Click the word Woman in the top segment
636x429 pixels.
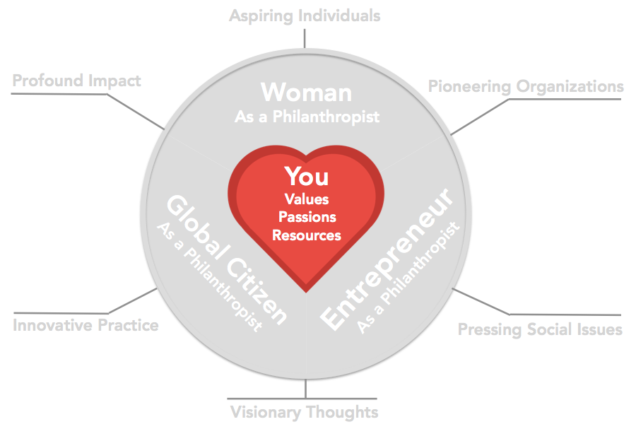pyautogui.click(x=306, y=93)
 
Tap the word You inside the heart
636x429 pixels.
pyautogui.click(x=307, y=177)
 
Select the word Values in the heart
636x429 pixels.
pyautogui.click(x=307, y=199)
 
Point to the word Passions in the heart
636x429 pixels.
pyautogui.click(x=307, y=217)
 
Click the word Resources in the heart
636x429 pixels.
pyautogui.click(x=307, y=235)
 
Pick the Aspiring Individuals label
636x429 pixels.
pyautogui.click(x=305, y=16)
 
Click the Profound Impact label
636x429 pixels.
pyautogui.click(x=76, y=81)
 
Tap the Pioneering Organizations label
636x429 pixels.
pyautogui.click(x=526, y=87)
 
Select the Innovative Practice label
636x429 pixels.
pyautogui.click(x=86, y=325)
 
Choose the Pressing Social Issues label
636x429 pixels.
pyautogui.click(x=540, y=329)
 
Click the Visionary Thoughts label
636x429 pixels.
pyautogui.click(x=304, y=412)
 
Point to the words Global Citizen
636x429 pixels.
pyautogui.click(x=227, y=259)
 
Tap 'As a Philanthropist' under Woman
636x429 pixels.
pyautogui.click(x=307, y=117)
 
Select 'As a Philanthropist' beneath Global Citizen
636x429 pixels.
pyautogui.click(x=209, y=277)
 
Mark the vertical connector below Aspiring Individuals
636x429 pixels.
pyautogui.click(x=305, y=39)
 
